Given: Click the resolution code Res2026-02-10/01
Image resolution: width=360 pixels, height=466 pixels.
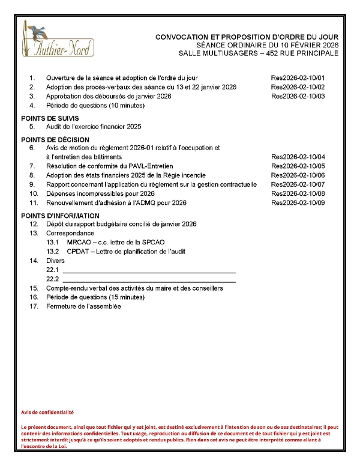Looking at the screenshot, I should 298,78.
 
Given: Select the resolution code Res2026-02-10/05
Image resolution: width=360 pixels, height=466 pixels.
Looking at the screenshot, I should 298,166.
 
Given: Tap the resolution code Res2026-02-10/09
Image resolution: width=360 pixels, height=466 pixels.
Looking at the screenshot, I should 298,203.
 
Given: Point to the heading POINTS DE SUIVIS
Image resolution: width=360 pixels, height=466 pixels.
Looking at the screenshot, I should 50,118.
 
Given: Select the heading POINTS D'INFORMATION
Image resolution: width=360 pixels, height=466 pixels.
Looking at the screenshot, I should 60,216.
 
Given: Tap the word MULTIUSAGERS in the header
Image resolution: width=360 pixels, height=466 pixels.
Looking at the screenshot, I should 233,54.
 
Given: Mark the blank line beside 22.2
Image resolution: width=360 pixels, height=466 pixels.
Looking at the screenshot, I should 149,280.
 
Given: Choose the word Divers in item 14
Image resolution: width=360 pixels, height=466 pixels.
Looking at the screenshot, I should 55,261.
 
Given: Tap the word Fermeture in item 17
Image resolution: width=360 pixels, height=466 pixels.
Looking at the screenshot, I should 62,307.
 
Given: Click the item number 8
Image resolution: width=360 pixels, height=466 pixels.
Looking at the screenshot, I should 33,175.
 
